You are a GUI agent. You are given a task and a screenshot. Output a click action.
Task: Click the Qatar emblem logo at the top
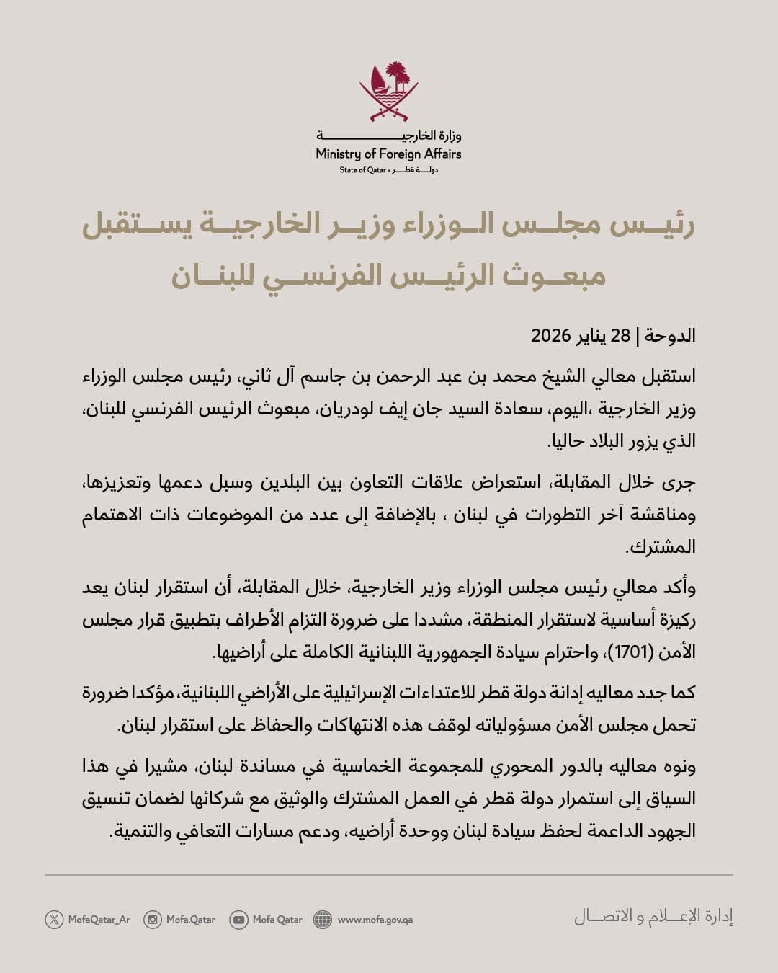[x=389, y=92]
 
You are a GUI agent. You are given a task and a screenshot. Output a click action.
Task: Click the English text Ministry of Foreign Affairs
[x=389, y=154]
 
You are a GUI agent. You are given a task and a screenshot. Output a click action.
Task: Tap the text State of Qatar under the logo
[x=362, y=170]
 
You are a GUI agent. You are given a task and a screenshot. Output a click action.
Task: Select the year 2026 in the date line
[x=551, y=336]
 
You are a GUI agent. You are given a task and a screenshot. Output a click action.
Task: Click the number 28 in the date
[x=620, y=336]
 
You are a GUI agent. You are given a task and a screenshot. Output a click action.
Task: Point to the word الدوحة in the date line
[x=670, y=336]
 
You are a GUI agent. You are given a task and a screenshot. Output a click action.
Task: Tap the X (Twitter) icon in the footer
[x=54, y=919]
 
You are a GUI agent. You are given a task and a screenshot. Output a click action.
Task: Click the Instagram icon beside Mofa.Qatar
[x=152, y=919]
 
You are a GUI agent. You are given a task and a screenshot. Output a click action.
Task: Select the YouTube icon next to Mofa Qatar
[x=238, y=919]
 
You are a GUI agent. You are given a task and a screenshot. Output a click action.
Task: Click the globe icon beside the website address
[x=323, y=919]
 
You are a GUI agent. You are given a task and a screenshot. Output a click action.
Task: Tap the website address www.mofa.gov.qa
[x=375, y=919]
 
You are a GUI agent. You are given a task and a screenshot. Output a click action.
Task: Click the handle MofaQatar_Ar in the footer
[x=99, y=919]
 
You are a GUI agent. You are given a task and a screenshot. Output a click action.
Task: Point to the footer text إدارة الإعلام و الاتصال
[x=653, y=917]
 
